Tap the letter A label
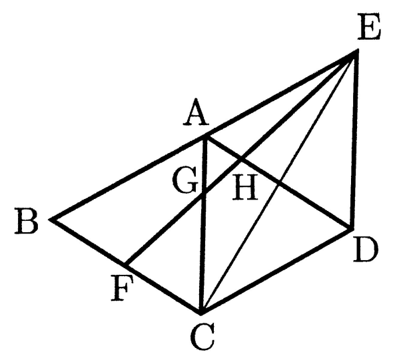tap(196, 113)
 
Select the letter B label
tap(26, 222)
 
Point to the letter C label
tap(202, 337)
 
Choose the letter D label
tap(366, 250)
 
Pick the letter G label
tap(185, 180)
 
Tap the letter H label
tap(245, 188)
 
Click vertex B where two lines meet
tap(52, 220)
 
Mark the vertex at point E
tap(356, 52)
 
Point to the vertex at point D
tap(351, 228)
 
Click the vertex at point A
tap(206, 136)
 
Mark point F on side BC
tap(126, 265)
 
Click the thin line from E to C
tap(278, 182)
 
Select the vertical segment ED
tap(354, 140)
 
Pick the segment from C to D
tap(276, 271)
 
